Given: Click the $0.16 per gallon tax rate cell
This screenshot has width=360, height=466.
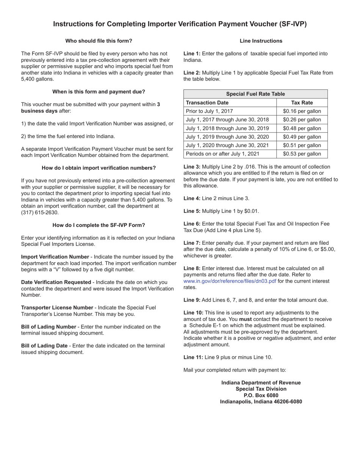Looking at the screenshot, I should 302,111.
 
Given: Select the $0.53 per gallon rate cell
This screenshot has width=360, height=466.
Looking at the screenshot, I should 302,154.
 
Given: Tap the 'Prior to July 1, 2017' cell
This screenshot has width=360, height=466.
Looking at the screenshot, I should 210,111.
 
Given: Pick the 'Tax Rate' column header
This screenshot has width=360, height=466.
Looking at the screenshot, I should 302,103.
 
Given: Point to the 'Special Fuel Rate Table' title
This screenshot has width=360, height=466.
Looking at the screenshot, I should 255,94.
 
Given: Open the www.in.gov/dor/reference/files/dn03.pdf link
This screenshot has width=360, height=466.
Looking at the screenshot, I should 230,281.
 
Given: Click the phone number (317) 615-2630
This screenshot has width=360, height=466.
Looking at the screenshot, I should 40,213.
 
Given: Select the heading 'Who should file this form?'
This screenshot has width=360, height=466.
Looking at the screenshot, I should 99,41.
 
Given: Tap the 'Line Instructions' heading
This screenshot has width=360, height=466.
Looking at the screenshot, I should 261,41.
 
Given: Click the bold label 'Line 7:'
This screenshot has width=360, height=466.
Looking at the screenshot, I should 192,243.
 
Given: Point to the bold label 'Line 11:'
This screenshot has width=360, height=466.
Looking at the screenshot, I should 193,357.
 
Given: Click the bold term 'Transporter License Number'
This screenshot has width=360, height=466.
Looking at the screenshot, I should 57,308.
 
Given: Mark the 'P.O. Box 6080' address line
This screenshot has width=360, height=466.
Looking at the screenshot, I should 261,396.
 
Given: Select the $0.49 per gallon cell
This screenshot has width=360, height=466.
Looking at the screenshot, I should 302,137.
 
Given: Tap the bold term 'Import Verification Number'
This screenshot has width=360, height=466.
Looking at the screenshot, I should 55,257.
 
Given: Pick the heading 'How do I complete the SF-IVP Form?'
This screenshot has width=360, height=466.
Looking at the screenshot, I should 99,225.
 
